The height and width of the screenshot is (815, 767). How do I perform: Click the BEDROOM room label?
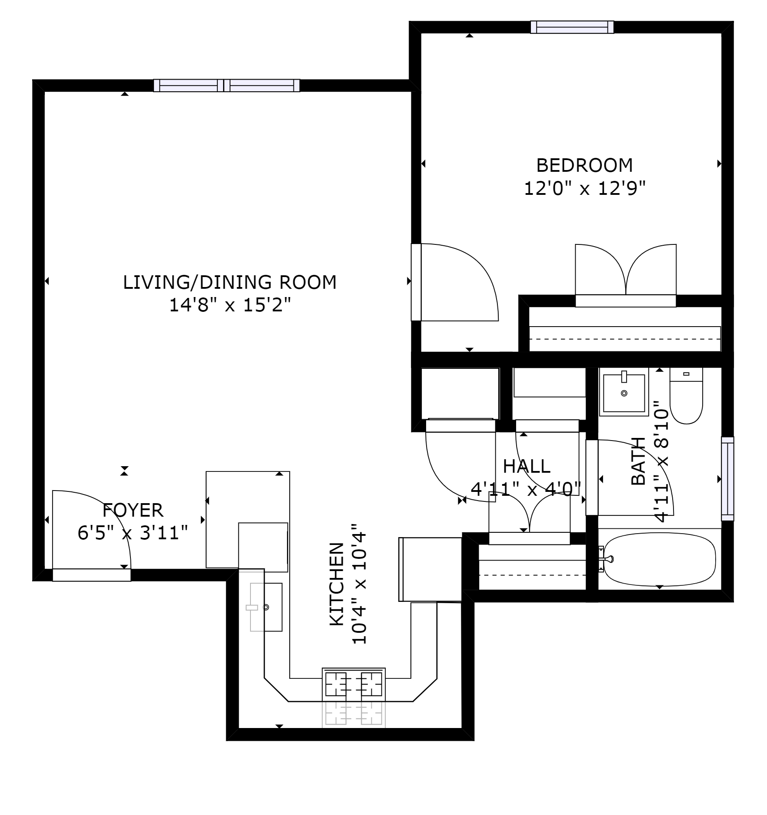[x=584, y=165]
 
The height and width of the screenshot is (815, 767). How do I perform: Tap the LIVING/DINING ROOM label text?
[x=230, y=282]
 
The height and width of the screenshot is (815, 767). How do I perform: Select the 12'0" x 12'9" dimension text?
[x=584, y=188]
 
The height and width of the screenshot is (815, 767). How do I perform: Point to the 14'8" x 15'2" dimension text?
[x=230, y=305]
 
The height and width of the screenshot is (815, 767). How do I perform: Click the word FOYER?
[x=133, y=510]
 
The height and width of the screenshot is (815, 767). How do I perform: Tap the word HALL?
[x=527, y=467]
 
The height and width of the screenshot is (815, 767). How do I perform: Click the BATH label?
[x=638, y=461]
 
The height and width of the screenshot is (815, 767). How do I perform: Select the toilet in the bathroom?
[x=686, y=396]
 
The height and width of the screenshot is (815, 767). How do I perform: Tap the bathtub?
[x=660, y=560]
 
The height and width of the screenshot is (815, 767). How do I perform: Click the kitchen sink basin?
[x=266, y=607]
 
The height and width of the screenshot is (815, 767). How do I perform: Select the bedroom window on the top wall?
[x=572, y=27]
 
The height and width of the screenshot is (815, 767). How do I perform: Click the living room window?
[x=227, y=85]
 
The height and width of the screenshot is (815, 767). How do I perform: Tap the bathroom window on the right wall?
[x=727, y=478]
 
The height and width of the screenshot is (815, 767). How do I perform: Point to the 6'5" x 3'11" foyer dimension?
[x=133, y=533]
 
